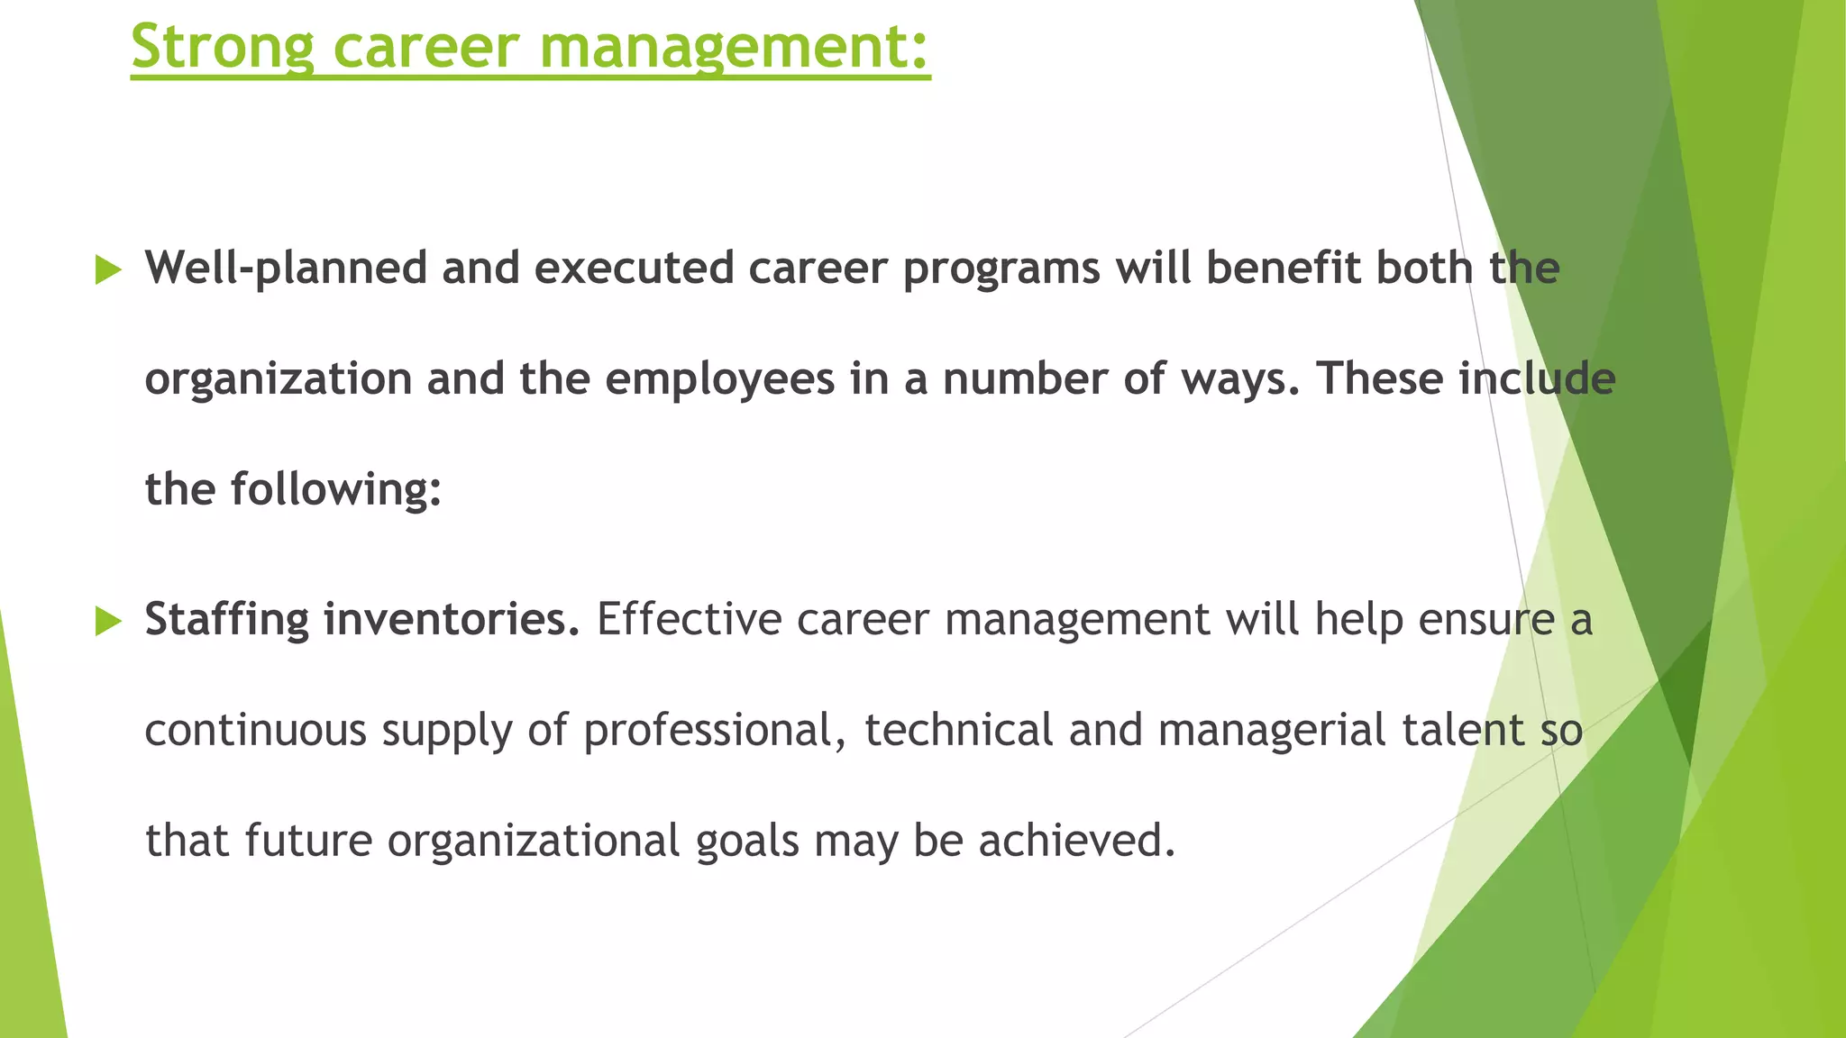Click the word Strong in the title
point(222,47)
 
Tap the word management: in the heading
point(735,47)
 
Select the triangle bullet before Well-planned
point(108,269)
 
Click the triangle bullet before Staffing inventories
point(108,621)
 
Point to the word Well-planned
point(286,269)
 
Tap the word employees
point(719,379)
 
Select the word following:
point(336,489)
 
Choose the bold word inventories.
point(452,620)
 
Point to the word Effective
point(689,620)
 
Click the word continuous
point(255,730)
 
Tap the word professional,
point(715,730)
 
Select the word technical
point(958,730)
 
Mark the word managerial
point(1271,730)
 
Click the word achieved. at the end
point(1077,841)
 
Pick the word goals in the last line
point(747,841)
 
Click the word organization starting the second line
point(278,379)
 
